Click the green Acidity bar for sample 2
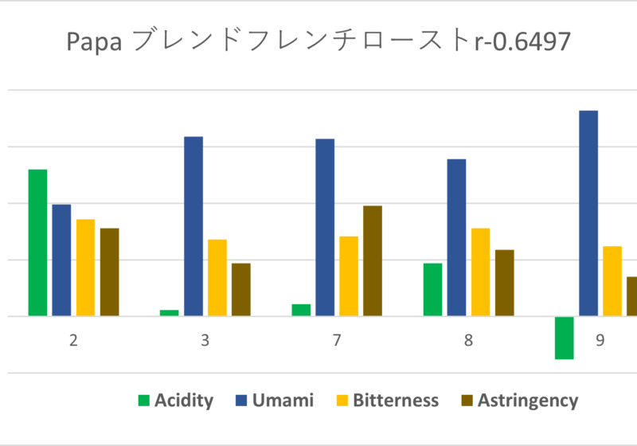pyautogui.click(x=37, y=243)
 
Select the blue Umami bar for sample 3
pyautogui.click(x=193, y=226)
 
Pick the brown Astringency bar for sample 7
pyautogui.click(x=373, y=260)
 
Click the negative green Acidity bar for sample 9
pyautogui.click(x=564, y=338)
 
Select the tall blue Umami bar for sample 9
pyautogui.click(x=588, y=213)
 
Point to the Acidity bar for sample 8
pyautogui.click(x=432, y=289)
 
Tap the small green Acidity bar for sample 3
pyautogui.click(x=170, y=312)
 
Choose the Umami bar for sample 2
pyautogui.click(x=61, y=260)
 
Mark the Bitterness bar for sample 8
pyautogui.click(x=480, y=272)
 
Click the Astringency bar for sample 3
pyautogui.click(x=241, y=289)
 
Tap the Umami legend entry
pyautogui.click(x=274, y=400)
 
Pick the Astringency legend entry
pyautogui.click(x=518, y=400)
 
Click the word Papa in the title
pyautogui.click(x=94, y=41)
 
